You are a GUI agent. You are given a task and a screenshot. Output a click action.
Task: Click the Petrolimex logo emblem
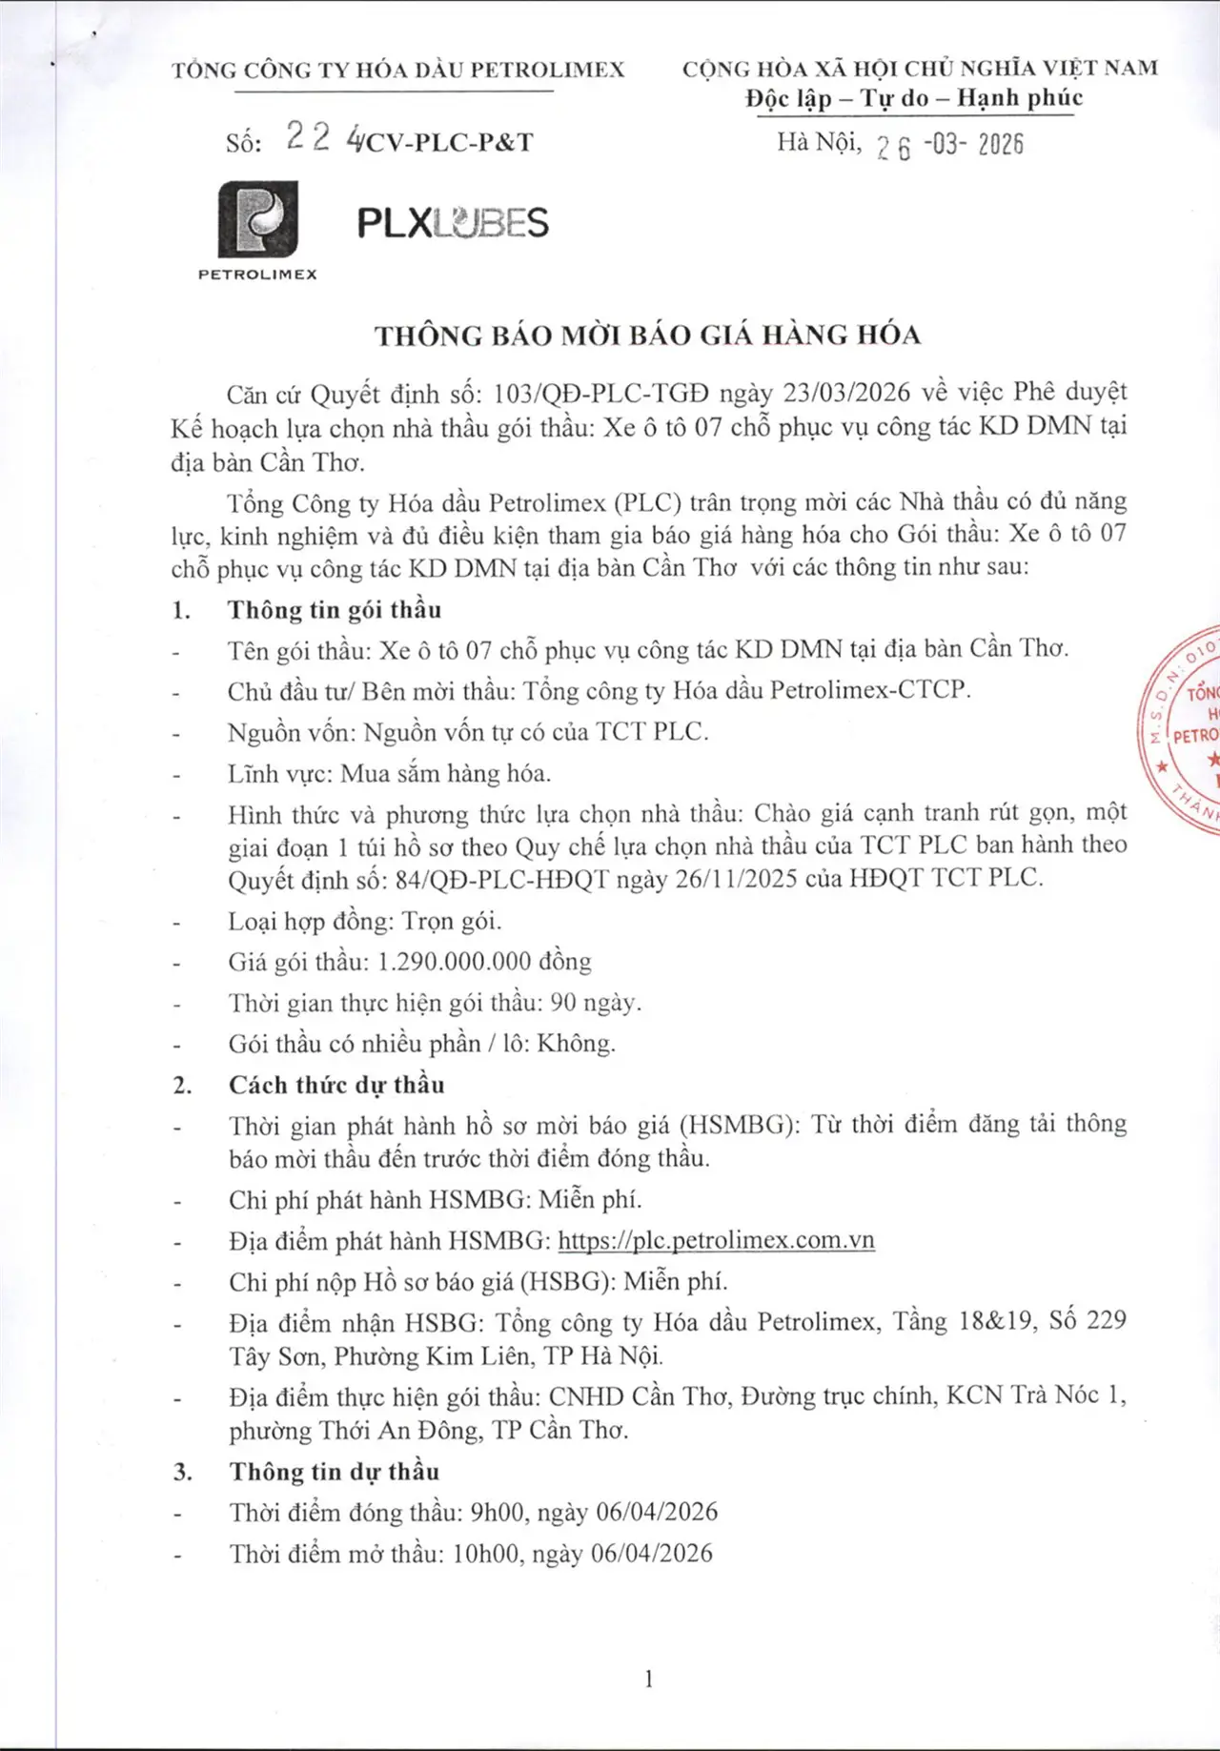pyautogui.click(x=257, y=221)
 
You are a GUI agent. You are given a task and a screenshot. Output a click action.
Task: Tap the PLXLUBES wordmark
pyautogui.click(x=453, y=224)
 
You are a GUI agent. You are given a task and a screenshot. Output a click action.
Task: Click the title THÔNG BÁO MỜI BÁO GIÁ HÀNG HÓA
pyautogui.click(x=647, y=336)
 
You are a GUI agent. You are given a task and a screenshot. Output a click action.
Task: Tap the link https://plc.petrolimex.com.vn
pyautogui.click(x=716, y=1240)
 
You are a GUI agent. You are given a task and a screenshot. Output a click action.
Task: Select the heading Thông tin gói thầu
pyautogui.click(x=335, y=610)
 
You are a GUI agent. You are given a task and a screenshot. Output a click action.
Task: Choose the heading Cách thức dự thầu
pyautogui.click(x=336, y=1085)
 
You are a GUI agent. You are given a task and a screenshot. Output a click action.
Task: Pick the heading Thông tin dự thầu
pyautogui.click(x=334, y=1472)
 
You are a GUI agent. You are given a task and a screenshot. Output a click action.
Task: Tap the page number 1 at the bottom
pyautogui.click(x=649, y=1679)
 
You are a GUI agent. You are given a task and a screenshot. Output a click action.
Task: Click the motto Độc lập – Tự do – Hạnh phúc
pyautogui.click(x=914, y=99)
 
